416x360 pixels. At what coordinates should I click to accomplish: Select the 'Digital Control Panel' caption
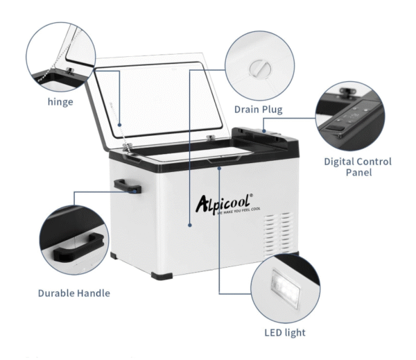(x=358, y=166)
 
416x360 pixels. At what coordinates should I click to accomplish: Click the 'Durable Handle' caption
(x=74, y=293)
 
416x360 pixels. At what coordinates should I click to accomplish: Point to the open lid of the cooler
(x=166, y=104)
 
